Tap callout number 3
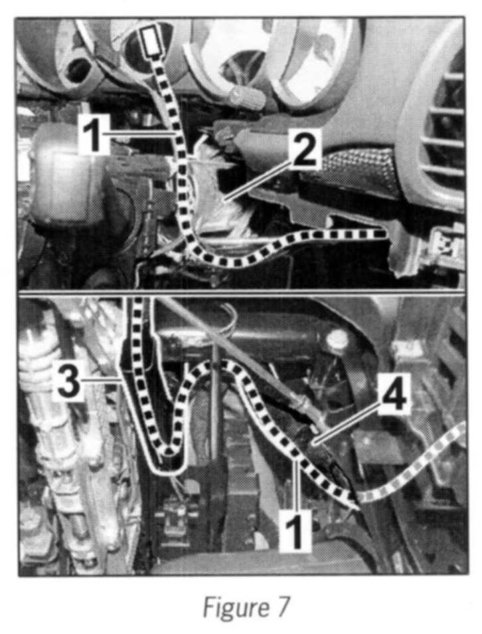pos(68,380)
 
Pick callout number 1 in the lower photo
pos(297,529)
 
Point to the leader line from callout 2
pos(256,179)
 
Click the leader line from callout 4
pos(347,425)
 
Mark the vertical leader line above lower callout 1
pos(297,484)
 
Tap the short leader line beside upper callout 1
pos(143,132)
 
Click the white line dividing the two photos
pos(241,292)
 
